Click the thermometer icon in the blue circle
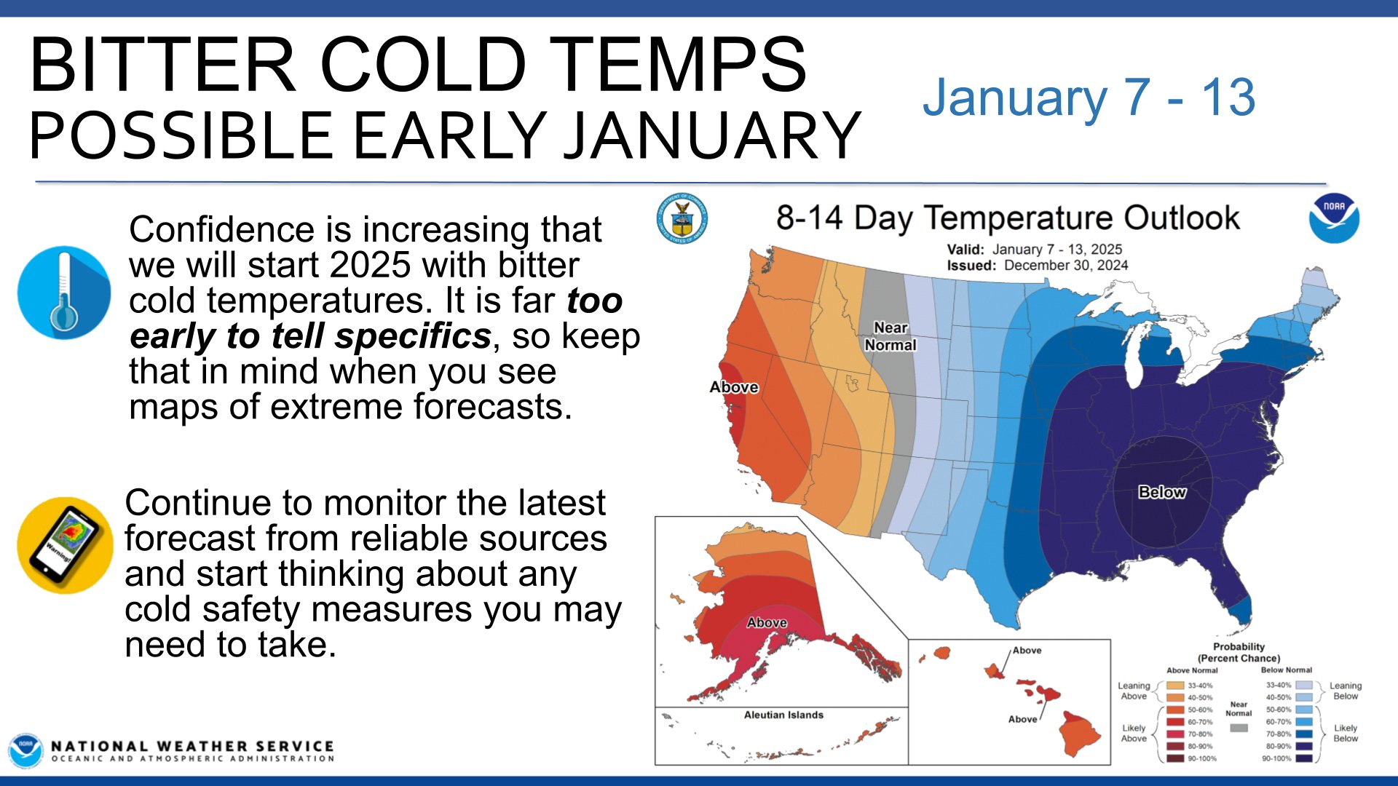click(x=64, y=293)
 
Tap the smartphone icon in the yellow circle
click(x=65, y=545)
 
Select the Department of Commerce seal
click(x=682, y=218)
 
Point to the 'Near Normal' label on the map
click(x=890, y=336)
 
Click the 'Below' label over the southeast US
click(x=1162, y=492)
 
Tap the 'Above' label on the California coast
click(x=734, y=387)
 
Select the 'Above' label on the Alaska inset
click(x=767, y=622)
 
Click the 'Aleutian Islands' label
click(x=783, y=715)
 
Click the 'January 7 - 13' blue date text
click(x=1089, y=97)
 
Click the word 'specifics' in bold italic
click(x=413, y=336)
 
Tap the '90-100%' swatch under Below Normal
click(x=1304, y=758)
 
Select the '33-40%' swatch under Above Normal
click(x=1175, y=686)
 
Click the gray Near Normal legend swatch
click(x=1239, y=728)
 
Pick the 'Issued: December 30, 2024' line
click(x=1037, y=266)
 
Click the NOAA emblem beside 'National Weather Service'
click(x=25, y=750)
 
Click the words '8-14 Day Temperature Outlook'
click(x=1008, y=218)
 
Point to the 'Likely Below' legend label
click(x=1345, y=733)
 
